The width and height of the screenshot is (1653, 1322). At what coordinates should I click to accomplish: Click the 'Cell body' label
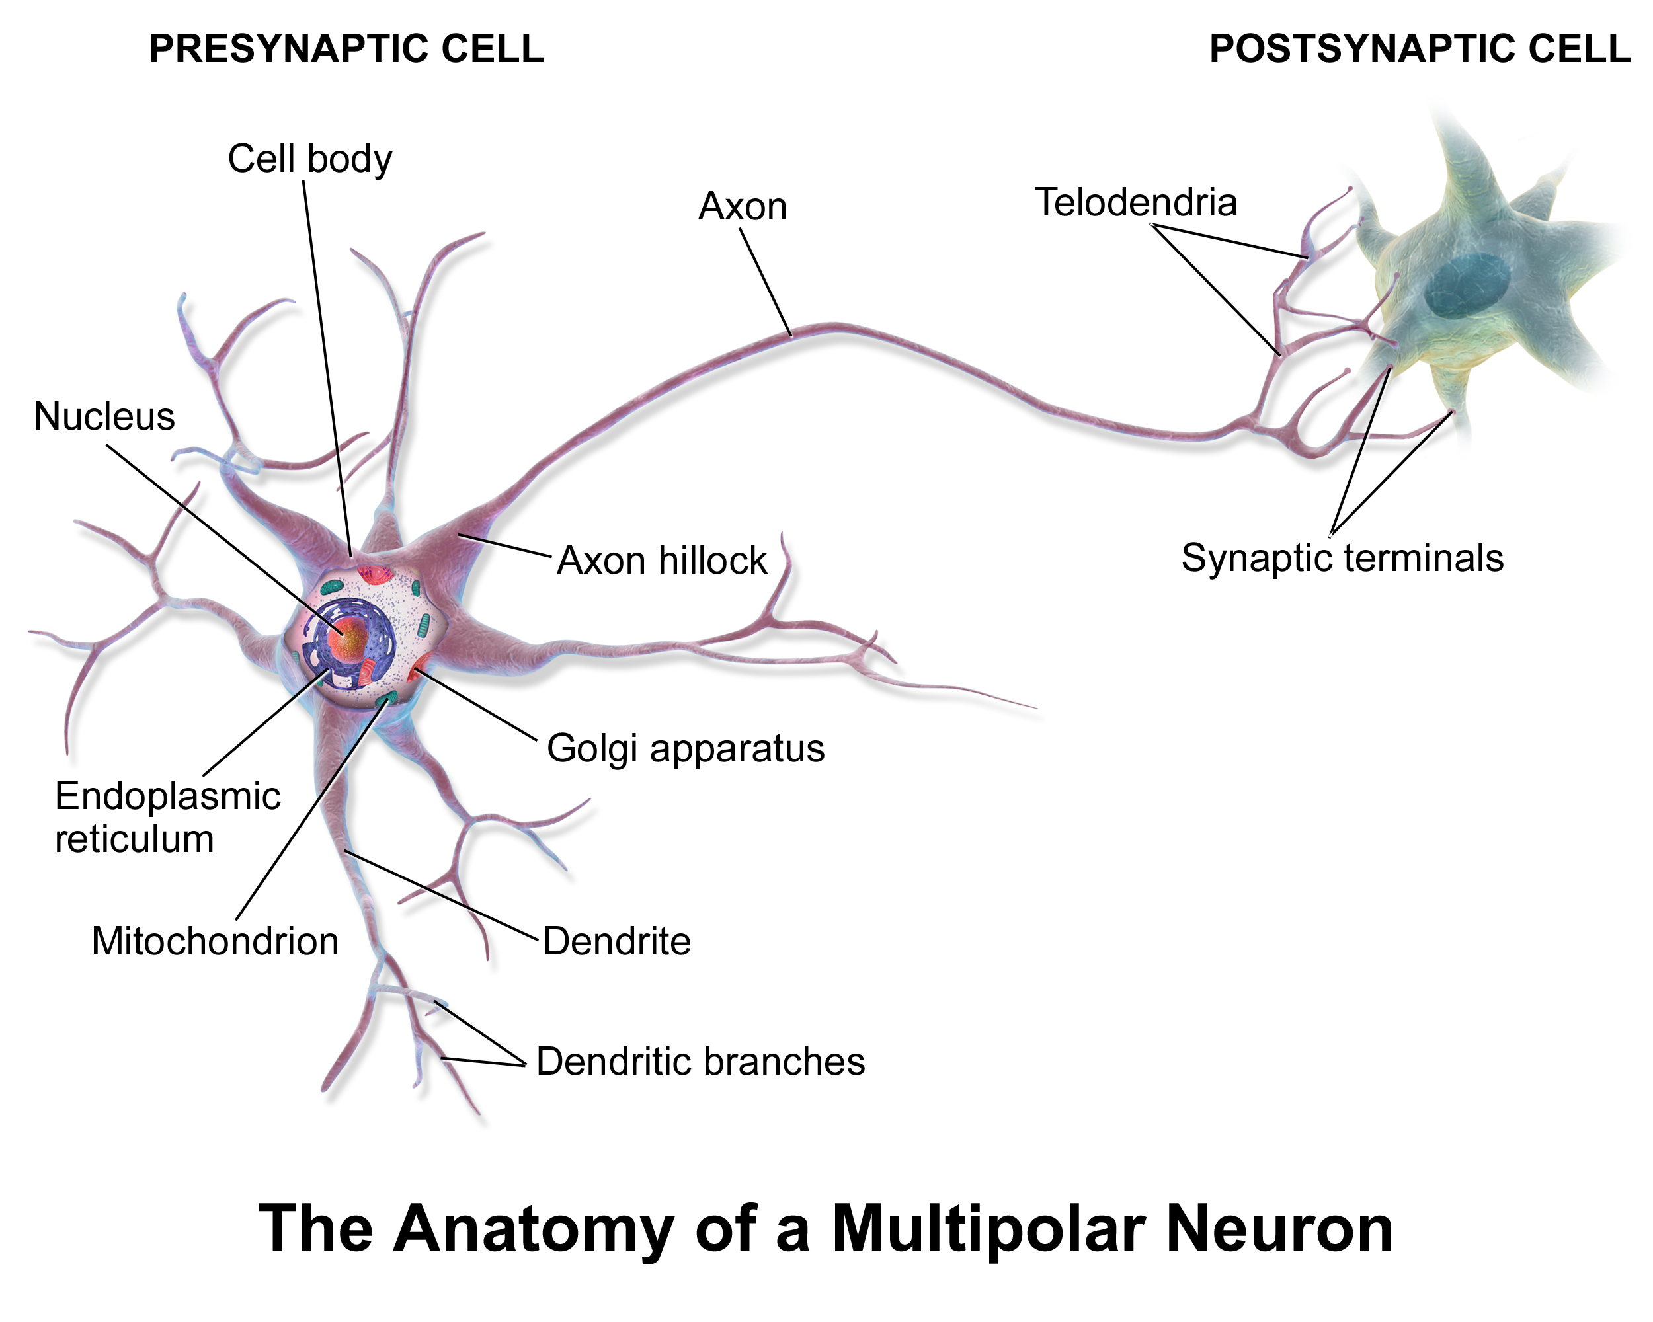tap(309, 159)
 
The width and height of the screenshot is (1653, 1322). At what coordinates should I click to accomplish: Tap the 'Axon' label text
tap(742, 207)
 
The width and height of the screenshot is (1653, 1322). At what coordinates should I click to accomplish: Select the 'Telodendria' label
tap(1135, 202)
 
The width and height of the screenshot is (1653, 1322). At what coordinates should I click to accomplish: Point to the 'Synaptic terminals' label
tap(1342, 558)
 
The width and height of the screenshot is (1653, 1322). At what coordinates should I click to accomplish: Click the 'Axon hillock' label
tap(662, 561)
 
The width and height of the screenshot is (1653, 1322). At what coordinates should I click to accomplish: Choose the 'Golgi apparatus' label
tap(686, 749)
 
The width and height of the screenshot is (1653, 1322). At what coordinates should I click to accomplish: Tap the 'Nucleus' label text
tap(104, 417)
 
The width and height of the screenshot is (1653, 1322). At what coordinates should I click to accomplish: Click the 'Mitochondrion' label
tap(215, 941)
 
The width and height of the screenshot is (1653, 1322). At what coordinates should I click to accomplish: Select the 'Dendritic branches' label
tap(700, 1062)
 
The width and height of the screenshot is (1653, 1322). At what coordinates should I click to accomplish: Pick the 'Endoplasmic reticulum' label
tap(168, 817)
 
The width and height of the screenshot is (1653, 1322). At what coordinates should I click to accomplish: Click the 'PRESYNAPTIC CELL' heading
tap(346, 49)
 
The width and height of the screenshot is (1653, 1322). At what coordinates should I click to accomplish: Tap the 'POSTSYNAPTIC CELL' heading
tap(1420, 49)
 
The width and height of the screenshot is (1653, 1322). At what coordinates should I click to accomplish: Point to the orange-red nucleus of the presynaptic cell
tap(349, 638)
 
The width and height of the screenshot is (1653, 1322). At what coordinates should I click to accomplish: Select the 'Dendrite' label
tap(616, 941)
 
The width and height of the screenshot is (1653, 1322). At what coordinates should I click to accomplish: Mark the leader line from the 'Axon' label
tap(765, 283)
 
